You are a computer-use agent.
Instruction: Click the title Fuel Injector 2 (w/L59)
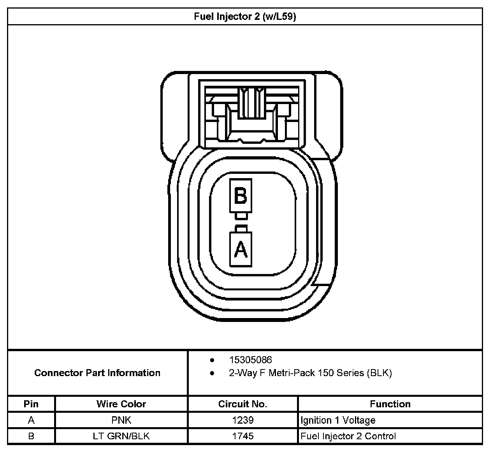click(245, 17)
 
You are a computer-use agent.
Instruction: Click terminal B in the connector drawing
click(241, 196)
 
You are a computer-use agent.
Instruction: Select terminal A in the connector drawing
click(241, 249)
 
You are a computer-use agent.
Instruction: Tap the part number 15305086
click(250, 360)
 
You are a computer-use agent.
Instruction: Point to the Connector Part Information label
click(97, 373)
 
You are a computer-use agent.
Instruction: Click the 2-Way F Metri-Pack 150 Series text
click(310, 373)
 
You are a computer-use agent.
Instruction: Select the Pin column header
click(31, 404)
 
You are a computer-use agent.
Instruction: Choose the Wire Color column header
click(121, 404)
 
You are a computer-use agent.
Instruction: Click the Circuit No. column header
click(242, 404)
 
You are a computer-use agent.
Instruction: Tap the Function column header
click(390, 404)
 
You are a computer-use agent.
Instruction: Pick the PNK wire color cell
click(121, 420)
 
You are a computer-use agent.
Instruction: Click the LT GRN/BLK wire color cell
click(121, 436)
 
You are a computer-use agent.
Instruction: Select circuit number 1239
click(242, 420)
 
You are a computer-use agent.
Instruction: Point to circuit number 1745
click(242, 436)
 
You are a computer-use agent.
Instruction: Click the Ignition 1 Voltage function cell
click(338, 420)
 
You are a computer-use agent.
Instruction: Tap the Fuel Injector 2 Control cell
click(348, 436)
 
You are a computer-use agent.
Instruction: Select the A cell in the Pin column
click(31, 420)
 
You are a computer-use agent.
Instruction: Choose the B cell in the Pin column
click(31, 436)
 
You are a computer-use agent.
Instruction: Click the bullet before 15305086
click(212, 360)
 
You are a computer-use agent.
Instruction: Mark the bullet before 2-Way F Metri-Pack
click(212, 373)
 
